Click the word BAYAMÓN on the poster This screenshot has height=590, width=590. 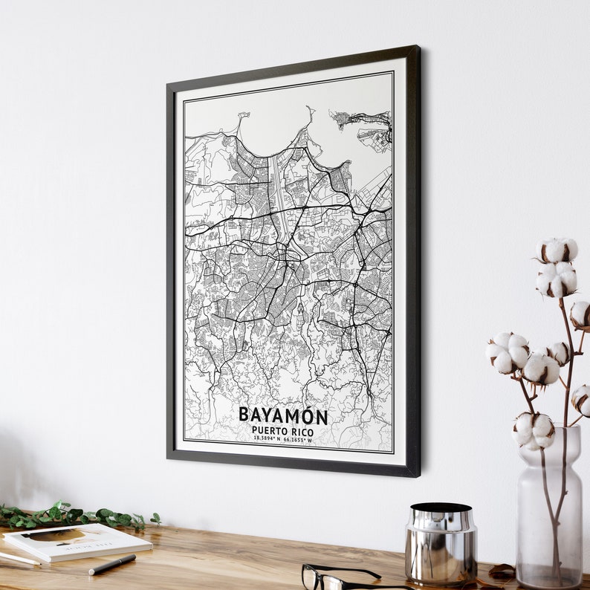(x=283, y=415)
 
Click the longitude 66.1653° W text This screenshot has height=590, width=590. (x=299, y=439)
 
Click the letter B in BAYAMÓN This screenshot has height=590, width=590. (x=244, y=415)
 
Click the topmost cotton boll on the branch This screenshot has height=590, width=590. (x=557, y=250)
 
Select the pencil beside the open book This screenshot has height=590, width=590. (x=18, y=557)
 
